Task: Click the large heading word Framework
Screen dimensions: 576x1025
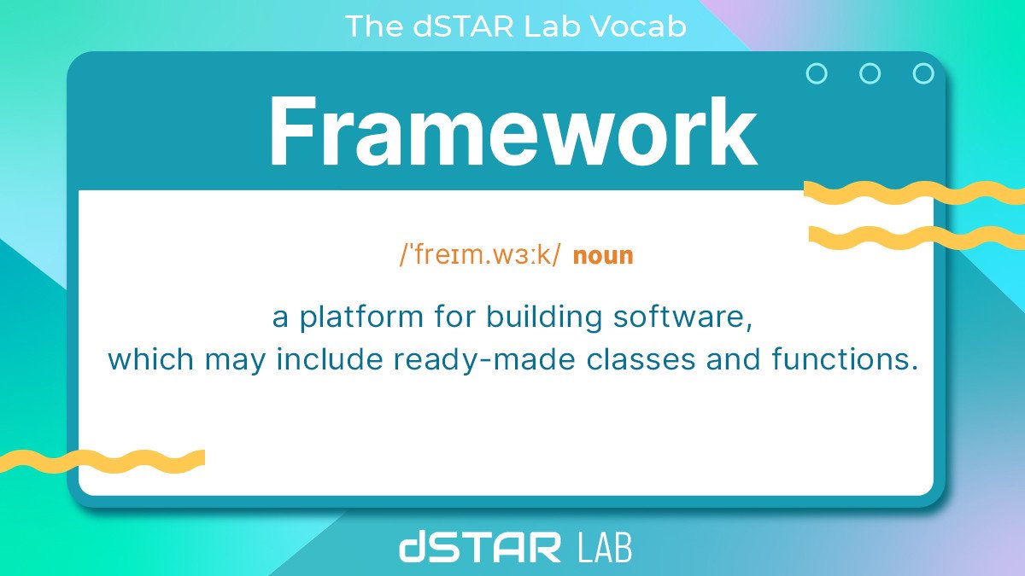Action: pyautogui.click(x=512, y=132)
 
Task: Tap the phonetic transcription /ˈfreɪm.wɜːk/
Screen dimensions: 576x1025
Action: pyautogui.click(x=481, y=255)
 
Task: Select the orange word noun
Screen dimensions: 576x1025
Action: pyautogui.click(x=603, y=255)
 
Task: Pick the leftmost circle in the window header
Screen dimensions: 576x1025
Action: pyautogui.click(x=817, y=74)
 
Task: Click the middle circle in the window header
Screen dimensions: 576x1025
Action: pyautogui.click(x=870, y=74)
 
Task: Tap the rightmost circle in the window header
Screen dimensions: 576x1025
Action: pyautogui.click(x=923, y=74)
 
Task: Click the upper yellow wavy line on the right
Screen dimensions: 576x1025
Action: pyautogui.click(x=914, y=193)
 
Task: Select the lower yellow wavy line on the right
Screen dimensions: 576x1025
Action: pyautogui.click(x=914, y=237)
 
